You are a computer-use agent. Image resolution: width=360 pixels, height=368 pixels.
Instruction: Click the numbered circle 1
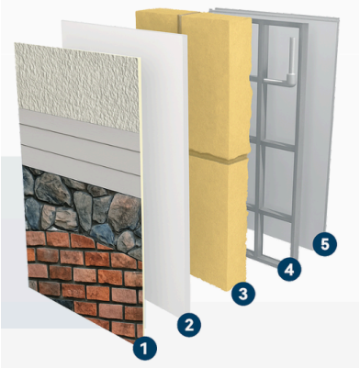coord(144,349)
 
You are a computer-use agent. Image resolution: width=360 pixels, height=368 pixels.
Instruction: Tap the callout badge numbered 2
coord(189,325)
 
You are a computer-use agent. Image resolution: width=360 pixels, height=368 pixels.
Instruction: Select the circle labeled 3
coord(243,294)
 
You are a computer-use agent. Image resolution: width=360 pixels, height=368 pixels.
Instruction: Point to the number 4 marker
coord(289,270)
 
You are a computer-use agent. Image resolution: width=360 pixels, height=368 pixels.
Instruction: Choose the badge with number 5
coord(324,245)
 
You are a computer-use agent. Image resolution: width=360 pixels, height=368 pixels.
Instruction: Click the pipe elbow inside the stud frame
coord(291,79)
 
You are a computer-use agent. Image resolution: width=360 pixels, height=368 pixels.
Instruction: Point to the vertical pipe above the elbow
coord(293,56)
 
